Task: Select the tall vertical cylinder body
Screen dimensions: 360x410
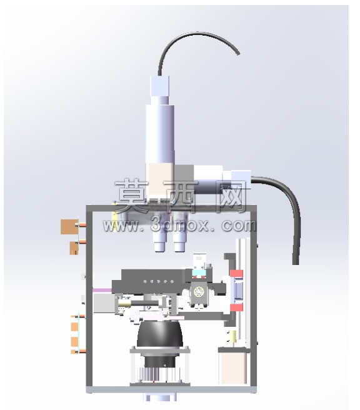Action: pyautogui.click(x=160, y=131)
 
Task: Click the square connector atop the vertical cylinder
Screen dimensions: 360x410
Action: pyautogui.click(x=159, y=86)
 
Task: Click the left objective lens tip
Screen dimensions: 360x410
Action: pyautogui.click(x=160, y=246)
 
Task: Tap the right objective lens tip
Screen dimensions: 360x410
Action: pyautogui.click(x=179, y=246)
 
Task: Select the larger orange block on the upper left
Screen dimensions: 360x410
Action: pyautogui.click(x=69, y=227)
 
